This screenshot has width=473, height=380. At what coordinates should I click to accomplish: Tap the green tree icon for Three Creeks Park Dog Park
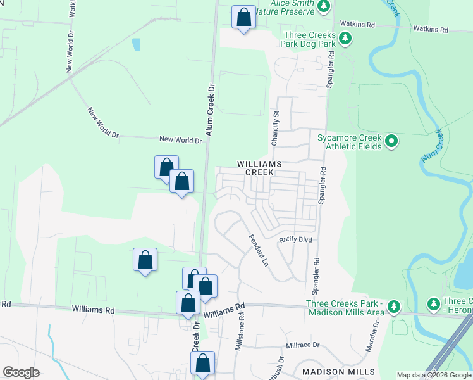click(x=345, y=39)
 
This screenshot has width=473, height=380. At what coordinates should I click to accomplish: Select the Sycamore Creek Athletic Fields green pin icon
click(x=391, y=141)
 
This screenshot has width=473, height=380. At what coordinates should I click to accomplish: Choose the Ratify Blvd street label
click(x=297, y=240)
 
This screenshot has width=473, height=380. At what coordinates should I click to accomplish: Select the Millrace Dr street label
click(x=303, y=346)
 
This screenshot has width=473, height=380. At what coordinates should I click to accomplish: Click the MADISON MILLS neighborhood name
click(x=338, y=372)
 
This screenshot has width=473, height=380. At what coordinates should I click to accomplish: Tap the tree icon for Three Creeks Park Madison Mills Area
click(x=394, y=307)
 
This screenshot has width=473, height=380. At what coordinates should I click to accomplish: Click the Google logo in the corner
click(x=21, y=372)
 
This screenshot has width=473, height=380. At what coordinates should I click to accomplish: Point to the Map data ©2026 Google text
click(x=434, y=375)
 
